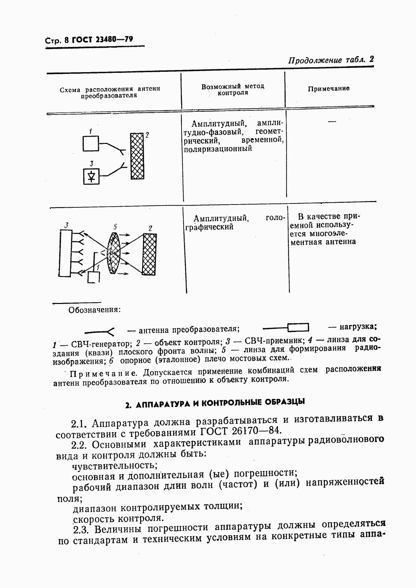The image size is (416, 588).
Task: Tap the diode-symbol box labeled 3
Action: click(x=91, y=176)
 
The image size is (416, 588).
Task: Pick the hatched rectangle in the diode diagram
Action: click(x=137, y=156)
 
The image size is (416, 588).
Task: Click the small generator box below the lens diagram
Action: click(x=93, y=277)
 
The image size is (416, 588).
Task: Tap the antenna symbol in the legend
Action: click(x=100, y=330)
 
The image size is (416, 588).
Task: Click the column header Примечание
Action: click(x=328, y=89)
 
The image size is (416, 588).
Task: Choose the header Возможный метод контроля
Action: click(x=233, y=90)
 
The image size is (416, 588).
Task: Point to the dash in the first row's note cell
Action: click(x=331, y=121)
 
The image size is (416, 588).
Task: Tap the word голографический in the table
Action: click(x=209, y=227)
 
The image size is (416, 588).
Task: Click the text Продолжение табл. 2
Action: click(x=331, y=60)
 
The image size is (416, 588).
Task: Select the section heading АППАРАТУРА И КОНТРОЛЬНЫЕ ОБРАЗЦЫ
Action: click(x=215, y=403)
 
